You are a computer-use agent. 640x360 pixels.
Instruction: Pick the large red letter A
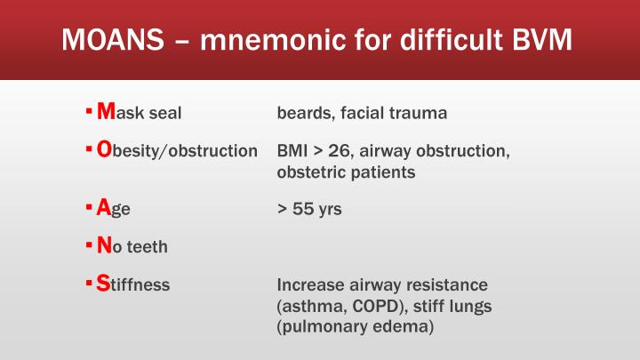104,209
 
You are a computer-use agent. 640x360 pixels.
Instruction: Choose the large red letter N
105,246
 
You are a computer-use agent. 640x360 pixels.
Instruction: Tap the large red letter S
103,284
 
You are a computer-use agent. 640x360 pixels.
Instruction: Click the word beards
302,114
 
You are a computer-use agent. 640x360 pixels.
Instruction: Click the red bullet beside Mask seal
89,112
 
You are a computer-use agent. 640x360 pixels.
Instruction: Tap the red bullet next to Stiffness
89,284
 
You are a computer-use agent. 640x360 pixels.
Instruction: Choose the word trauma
418,114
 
